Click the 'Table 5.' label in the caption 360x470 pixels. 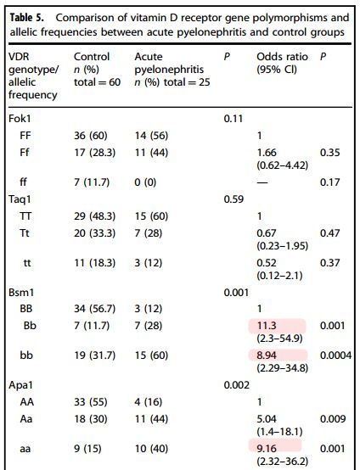[27, 18]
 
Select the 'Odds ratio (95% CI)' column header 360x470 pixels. [282, 63]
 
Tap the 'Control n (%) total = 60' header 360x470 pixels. [97, 70]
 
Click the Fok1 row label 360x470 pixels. [20, 119]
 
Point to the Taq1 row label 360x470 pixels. [20, 199]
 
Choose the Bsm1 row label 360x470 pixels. [21, 292]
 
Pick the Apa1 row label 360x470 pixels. [20, 385]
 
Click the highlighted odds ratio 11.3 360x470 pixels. [267, 326]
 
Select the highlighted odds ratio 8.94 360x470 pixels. [267, 355]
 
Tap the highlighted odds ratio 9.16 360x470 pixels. [267, 449]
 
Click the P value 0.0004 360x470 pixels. [335, 355]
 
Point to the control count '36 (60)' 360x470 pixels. [91, 136]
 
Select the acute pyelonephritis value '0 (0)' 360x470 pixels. [145, 182]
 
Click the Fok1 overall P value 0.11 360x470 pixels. [233, 119]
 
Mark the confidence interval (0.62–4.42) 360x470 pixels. [282, 165]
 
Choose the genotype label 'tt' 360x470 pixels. [27, 263]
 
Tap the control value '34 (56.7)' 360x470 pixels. [95, 309]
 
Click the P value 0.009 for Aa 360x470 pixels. [333, 419]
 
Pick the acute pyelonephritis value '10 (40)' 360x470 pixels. [151, 449]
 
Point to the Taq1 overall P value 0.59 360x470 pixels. [233, 199]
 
